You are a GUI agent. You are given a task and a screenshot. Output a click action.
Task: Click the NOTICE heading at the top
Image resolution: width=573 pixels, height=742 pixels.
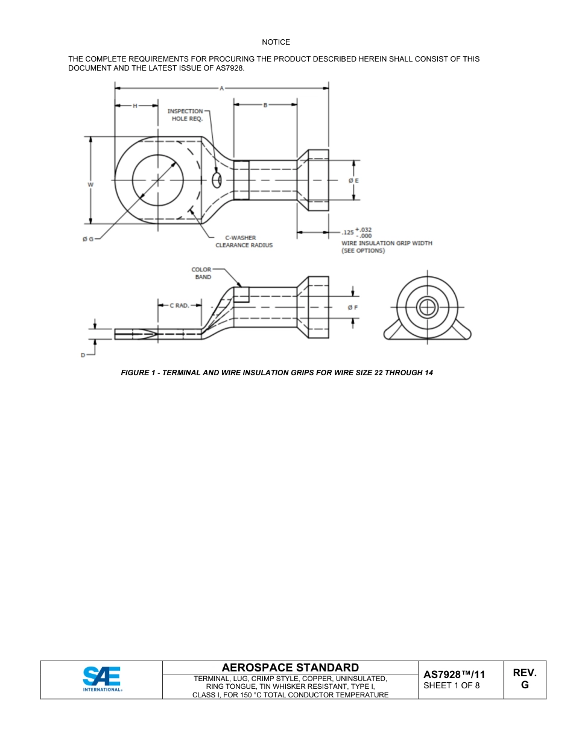point(276,42)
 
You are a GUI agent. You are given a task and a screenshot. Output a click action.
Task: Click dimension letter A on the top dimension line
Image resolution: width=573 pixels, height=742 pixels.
point(221,88)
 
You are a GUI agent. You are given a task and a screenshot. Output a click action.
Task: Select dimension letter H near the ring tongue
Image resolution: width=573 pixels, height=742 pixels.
point(135,106)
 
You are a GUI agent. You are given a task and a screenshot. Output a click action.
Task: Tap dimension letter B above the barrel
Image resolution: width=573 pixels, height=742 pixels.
point(265,106)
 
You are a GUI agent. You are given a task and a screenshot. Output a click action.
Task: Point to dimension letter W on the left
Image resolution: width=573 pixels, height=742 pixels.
point(90,185)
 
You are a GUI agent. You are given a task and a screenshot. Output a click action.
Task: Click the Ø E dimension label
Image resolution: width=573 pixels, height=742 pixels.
point(353,180)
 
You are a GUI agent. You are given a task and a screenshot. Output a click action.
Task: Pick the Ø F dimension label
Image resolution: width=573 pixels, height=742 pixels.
point(353,307)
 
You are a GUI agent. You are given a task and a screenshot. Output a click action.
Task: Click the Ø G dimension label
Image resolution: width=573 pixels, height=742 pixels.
point(87,239)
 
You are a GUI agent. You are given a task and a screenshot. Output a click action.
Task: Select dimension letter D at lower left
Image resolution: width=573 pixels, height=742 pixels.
point(83,355)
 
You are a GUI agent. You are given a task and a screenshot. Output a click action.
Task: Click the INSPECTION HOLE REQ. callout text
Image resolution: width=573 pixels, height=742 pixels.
point(185,115)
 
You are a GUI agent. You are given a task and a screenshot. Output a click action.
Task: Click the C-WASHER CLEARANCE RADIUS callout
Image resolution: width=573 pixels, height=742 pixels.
point(244,241)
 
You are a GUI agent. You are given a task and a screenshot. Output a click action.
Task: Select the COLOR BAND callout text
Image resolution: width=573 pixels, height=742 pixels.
point(202,273)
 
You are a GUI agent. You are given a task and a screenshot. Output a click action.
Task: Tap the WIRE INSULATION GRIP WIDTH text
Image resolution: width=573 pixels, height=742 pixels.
point(387,243)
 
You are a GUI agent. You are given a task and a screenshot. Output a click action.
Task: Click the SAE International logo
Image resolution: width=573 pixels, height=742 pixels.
point(102,679)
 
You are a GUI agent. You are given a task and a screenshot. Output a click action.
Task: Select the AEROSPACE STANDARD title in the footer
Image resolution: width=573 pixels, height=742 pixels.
point(290,667)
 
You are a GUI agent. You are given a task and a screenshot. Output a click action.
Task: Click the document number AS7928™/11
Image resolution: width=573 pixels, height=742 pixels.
point(454,674)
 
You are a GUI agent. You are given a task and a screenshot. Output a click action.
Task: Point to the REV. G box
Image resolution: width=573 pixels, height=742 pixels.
point(524,679)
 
